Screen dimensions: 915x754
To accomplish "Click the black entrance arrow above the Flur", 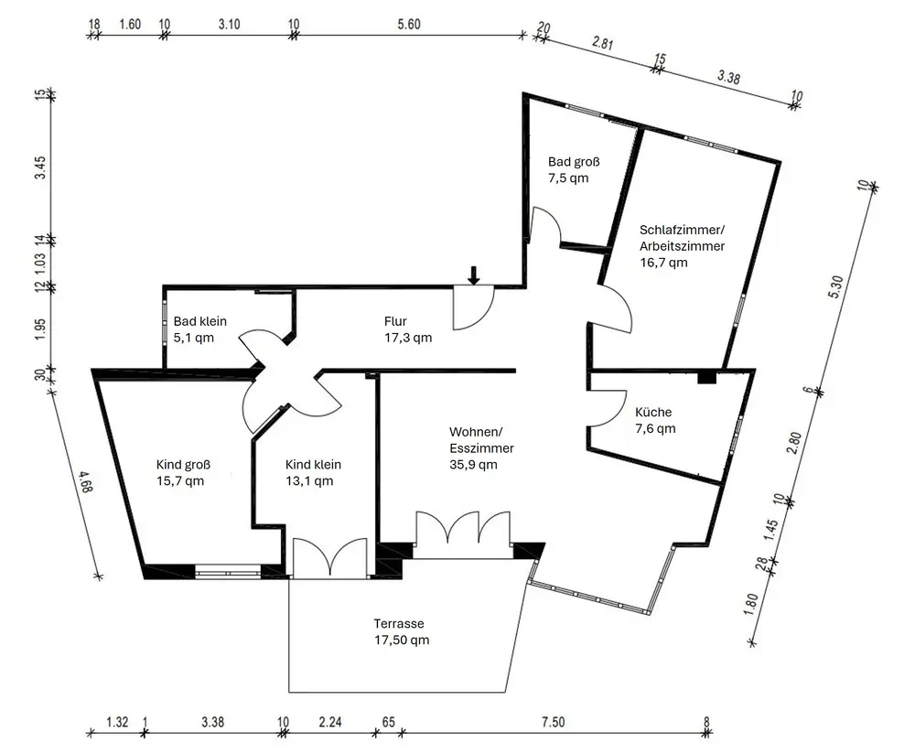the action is (x=474, y=275).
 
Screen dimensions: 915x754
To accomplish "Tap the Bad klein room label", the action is (x=200, y=321).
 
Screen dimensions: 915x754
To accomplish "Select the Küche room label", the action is (x=653, y=412).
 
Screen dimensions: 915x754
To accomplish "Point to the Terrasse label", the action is (x=399, y=623).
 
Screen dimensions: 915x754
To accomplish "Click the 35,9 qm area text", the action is (x=473, y=465).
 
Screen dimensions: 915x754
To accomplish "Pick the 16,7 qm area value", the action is (x=663, y=263).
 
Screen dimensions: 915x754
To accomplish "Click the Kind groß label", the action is (x=183, y=465).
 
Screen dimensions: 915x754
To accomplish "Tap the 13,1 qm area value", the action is (x=309, y=481).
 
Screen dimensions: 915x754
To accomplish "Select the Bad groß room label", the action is (x=574, y=162).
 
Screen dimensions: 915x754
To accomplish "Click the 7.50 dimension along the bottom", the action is (x=553, y=722).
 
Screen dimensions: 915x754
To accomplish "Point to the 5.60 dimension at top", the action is (x=409, y=24).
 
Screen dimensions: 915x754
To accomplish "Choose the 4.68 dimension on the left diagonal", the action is (x=85, y=481).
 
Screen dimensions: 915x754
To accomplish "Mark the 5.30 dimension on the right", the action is (x=835, y=287).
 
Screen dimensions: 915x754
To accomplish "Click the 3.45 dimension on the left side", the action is (x=39, y=167).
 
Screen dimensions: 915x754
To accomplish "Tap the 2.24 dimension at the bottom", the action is (x=329, y=722).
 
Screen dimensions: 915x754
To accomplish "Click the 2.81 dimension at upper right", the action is (x=602, y=43).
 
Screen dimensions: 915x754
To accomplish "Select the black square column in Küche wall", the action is (x=706, y=377).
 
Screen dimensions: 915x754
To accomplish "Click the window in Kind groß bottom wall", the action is (x=228, y=571).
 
